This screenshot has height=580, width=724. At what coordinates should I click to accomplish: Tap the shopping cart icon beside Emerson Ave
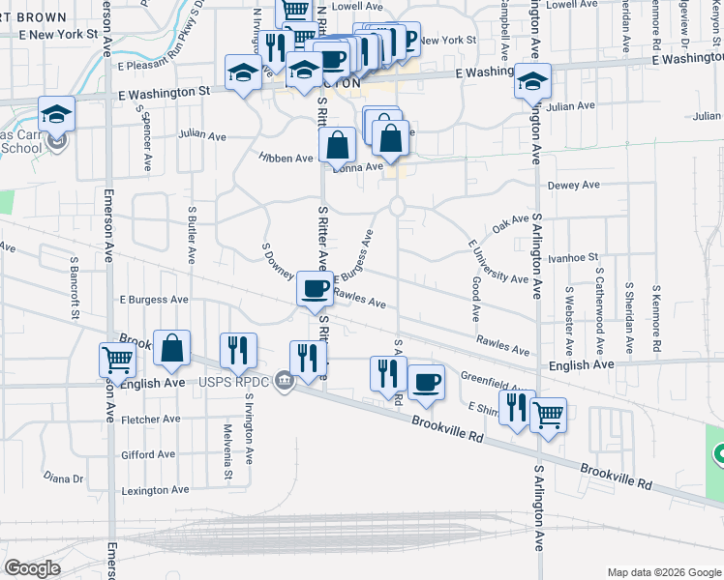pos(117,361)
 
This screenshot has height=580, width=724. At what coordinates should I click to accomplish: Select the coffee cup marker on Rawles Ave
pos(315,288)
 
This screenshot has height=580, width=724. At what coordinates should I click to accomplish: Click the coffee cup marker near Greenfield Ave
pos(426,382)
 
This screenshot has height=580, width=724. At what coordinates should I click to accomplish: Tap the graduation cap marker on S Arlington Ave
pos(532,81)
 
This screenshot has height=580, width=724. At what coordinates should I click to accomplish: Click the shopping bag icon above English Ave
pos(171,349)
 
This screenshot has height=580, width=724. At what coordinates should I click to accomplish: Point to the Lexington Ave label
pos(156,490)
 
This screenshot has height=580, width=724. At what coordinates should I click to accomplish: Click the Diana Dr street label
pos(64,478)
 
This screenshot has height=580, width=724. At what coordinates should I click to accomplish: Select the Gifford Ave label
pos(148,454)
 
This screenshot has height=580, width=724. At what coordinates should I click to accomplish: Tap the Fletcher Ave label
pos(151,420)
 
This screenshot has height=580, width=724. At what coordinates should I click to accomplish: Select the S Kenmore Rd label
pos(656,318)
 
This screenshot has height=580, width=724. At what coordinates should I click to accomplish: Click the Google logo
pos(33,567)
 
